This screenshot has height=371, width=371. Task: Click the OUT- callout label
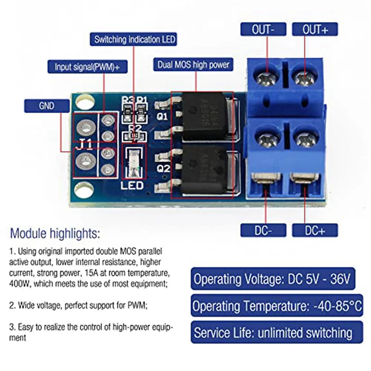point(263,30)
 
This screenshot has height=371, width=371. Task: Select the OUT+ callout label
point(315,30)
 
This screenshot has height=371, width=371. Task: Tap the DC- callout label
point(263,230)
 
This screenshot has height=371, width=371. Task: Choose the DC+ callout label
point(315,230)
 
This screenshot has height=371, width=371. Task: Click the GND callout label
point(47,106)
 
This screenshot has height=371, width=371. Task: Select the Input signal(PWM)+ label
point(87,67)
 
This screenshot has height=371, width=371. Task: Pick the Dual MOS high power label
point(193,65)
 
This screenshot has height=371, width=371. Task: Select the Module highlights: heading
point(55,233)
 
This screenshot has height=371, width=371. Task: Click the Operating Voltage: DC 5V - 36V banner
point(273,279)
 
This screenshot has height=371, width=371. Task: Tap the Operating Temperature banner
point(277,306)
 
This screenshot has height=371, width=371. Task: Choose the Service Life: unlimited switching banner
point(273,333)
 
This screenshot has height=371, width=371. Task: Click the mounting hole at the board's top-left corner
point(83,101)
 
